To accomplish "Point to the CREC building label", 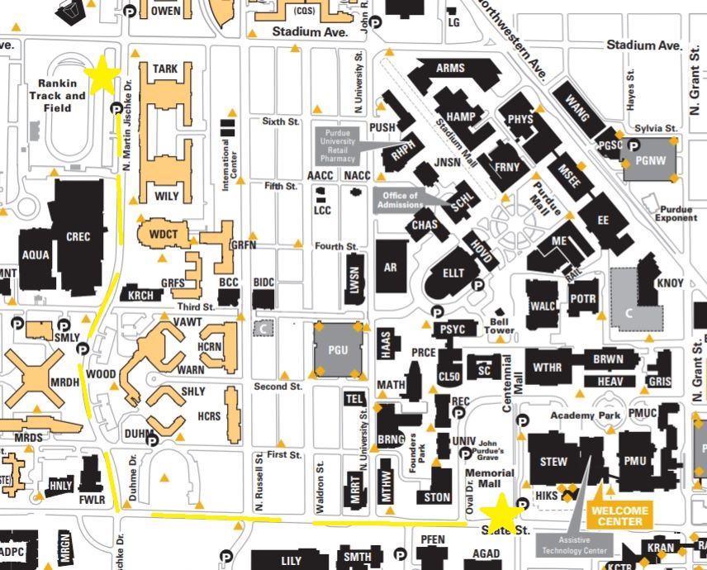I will [x=78, y=237].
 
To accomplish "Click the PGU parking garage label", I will [x=338, y=349].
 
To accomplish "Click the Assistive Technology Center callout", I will [x=572, y=545].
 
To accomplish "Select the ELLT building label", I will [x=454, y=273].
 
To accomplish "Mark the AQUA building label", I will [x=36, y=256].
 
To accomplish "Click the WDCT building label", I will [x=164, y=234].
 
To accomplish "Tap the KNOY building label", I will [x=670, y=283].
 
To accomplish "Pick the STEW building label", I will [x=553, y=461].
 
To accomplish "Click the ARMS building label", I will [x=451, y=68].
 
